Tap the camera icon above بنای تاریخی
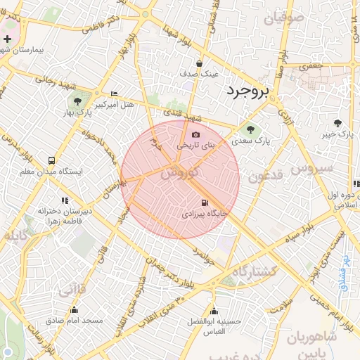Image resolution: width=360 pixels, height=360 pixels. (195, 135)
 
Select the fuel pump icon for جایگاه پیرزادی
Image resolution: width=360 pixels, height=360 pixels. (205, 202)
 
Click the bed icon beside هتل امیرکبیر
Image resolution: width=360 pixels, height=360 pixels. (115, 94)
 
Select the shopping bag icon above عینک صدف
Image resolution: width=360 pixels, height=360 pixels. (200, 63)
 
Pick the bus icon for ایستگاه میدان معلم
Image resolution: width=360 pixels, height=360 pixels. (51, 160)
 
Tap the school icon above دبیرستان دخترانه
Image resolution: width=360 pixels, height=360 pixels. (65, 200)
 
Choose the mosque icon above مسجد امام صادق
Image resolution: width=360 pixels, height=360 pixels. (75, 310)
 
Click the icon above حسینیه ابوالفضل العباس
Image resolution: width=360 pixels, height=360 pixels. (214, 311)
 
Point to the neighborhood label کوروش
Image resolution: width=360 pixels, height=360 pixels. (176, 172)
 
